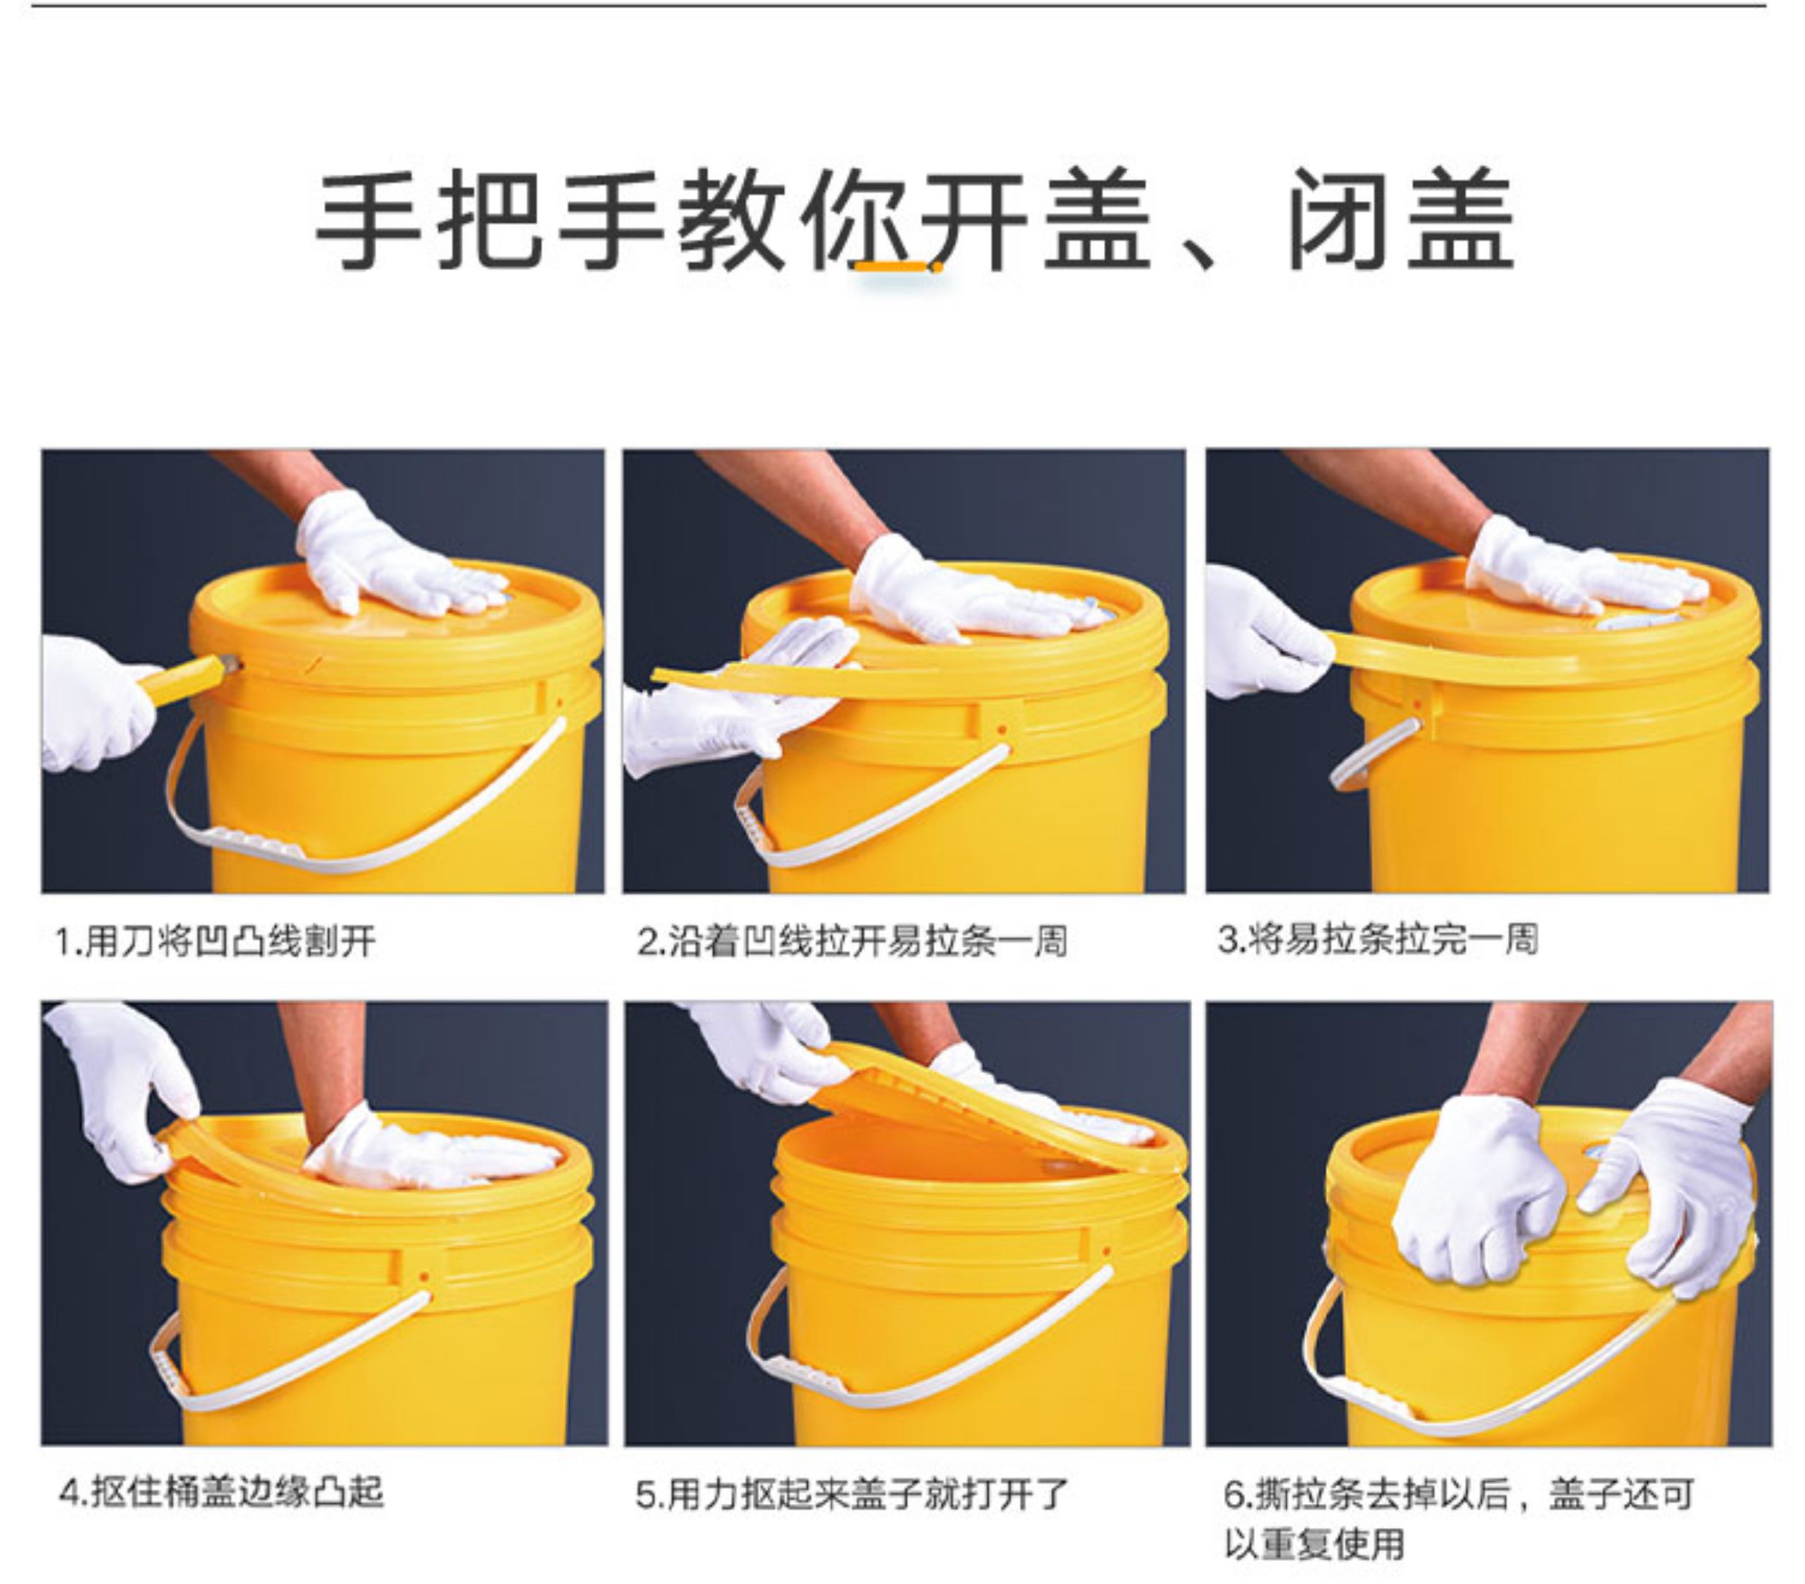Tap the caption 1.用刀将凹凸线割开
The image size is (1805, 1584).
(x=215, y=940)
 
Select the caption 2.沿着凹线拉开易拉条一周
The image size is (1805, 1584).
(x=852, y=940)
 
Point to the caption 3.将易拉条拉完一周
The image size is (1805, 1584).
(x=1378, y=939)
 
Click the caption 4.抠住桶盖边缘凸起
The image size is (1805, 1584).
(x=221, y=1493)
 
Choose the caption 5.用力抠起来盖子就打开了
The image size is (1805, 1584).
(x=852, y=1494)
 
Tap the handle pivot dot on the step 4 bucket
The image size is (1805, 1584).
(x=423, y=1278)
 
